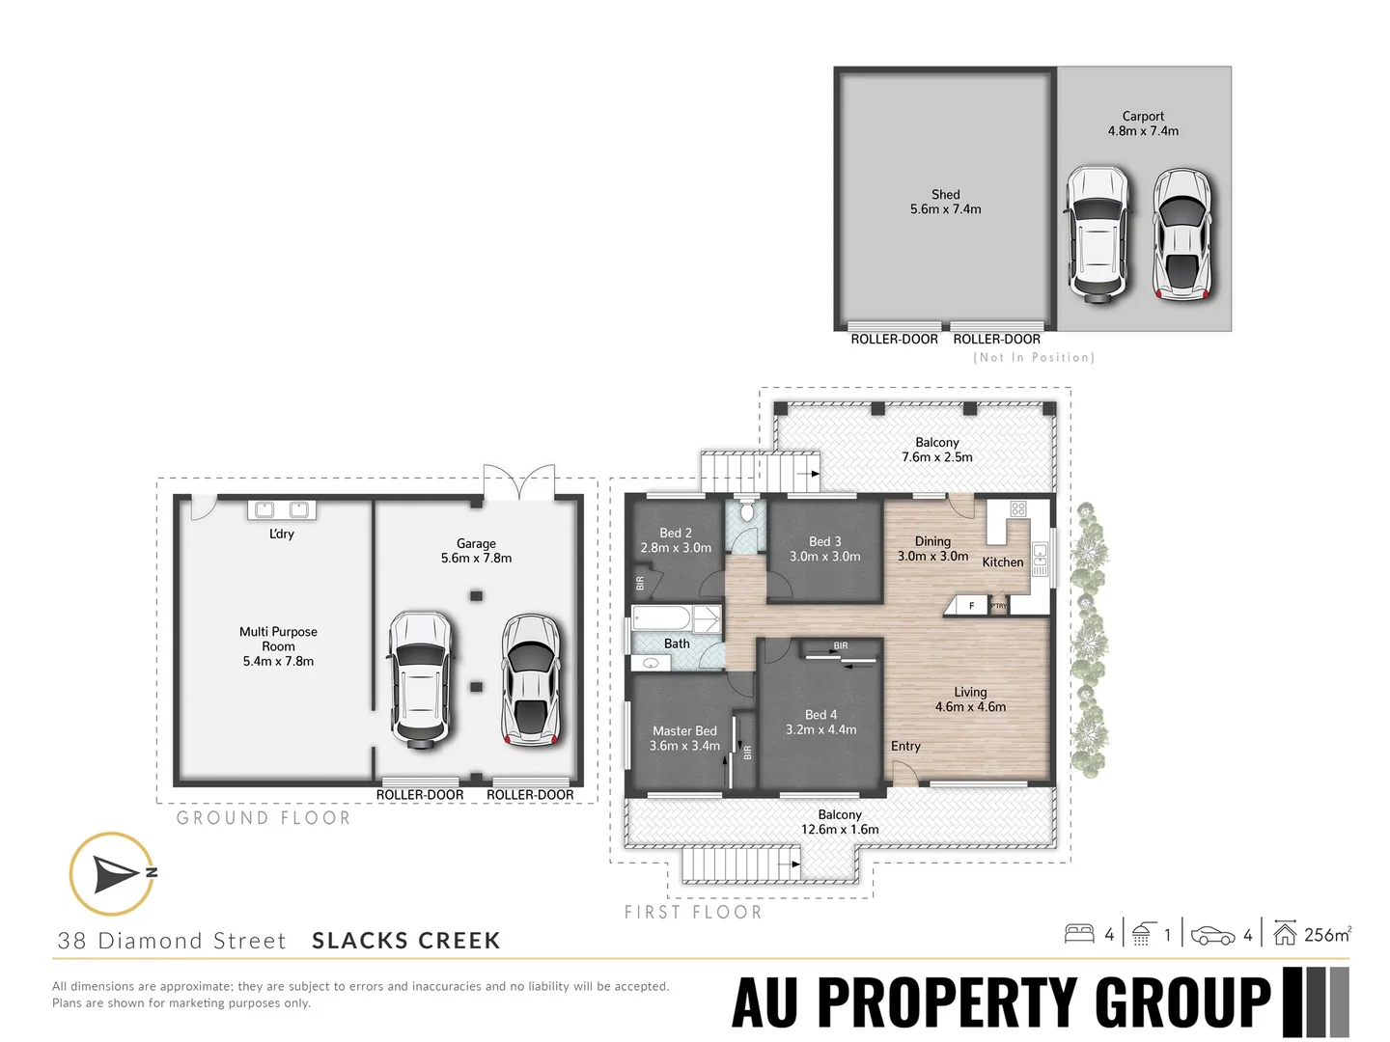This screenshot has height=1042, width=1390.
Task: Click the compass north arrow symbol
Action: point(113,873)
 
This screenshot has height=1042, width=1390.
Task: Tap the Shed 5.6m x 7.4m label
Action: point(945,202)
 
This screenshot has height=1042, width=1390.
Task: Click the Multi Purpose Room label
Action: point(278,645)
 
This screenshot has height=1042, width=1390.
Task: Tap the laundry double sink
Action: point(282,509)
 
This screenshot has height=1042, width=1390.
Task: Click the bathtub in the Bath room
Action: point(661,617)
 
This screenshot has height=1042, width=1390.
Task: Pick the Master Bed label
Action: point(684,738)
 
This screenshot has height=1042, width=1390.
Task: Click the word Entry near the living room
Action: point(905,746)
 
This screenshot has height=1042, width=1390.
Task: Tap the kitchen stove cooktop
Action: point(1018,509)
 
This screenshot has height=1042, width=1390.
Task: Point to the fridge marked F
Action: point(971,605)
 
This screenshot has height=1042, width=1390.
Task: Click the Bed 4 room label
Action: point(820,722)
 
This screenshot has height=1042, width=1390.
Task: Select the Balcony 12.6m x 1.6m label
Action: point(840,822)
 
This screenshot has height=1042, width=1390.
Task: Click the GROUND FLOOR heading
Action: point(264,818)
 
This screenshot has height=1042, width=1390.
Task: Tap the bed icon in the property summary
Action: point(1078,934)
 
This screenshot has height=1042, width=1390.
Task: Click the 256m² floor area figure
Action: point(1327,934)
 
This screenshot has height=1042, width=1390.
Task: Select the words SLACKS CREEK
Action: point(406,941)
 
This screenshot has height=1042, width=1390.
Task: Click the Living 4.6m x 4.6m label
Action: point(970,699)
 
